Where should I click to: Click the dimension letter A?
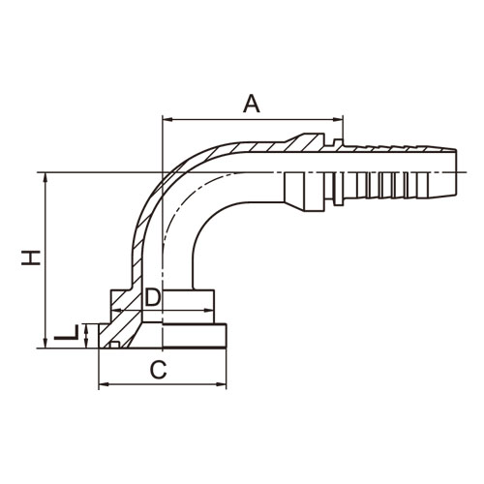[x=252, y=104]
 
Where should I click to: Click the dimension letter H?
[x=31, y=257]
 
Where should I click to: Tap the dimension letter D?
[x=152, y=297]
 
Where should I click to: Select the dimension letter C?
[x=159, y=370]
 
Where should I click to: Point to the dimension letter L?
[x=66, y=332]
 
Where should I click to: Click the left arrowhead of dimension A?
[x=168, y=120]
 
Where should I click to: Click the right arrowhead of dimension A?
[x=338, y=120]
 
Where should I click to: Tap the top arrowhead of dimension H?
[x=45, y=177]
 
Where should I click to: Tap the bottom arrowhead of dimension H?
[x=45, y=343]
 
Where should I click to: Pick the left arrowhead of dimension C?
[x=104, y=384]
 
